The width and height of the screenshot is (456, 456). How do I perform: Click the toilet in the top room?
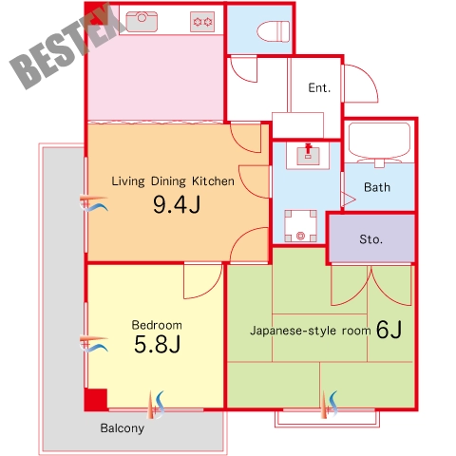click(274, 31)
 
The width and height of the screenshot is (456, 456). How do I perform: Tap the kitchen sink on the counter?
click(142, 22)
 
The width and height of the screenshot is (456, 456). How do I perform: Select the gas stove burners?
click(202, 22)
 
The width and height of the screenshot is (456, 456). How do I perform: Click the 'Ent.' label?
click(319, 87)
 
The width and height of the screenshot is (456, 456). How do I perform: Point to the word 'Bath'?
click(377, 187)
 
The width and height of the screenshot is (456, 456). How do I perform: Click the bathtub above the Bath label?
click(379, 142)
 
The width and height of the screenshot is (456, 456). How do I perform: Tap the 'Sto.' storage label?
click(370, 239)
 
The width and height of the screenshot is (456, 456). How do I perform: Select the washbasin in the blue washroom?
click(308, 155)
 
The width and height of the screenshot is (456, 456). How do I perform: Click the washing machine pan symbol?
click(300, 226)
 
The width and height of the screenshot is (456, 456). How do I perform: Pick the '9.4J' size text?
click(177, 204)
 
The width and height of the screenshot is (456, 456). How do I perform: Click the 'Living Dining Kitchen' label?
click(173, 181)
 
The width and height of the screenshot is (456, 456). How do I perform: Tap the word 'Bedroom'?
click(157, 325)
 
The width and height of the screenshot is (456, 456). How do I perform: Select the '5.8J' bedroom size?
click(158, 344)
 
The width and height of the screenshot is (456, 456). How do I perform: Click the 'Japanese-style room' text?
click(311, 331)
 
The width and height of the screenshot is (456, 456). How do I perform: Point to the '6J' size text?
click(389, 330)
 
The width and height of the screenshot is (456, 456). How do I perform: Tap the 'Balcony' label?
click(123, 428)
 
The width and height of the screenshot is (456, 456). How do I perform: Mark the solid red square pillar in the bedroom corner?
click(96, 399)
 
